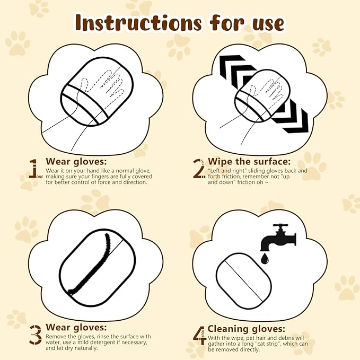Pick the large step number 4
199,335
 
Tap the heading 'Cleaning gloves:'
246,329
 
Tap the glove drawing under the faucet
243,278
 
